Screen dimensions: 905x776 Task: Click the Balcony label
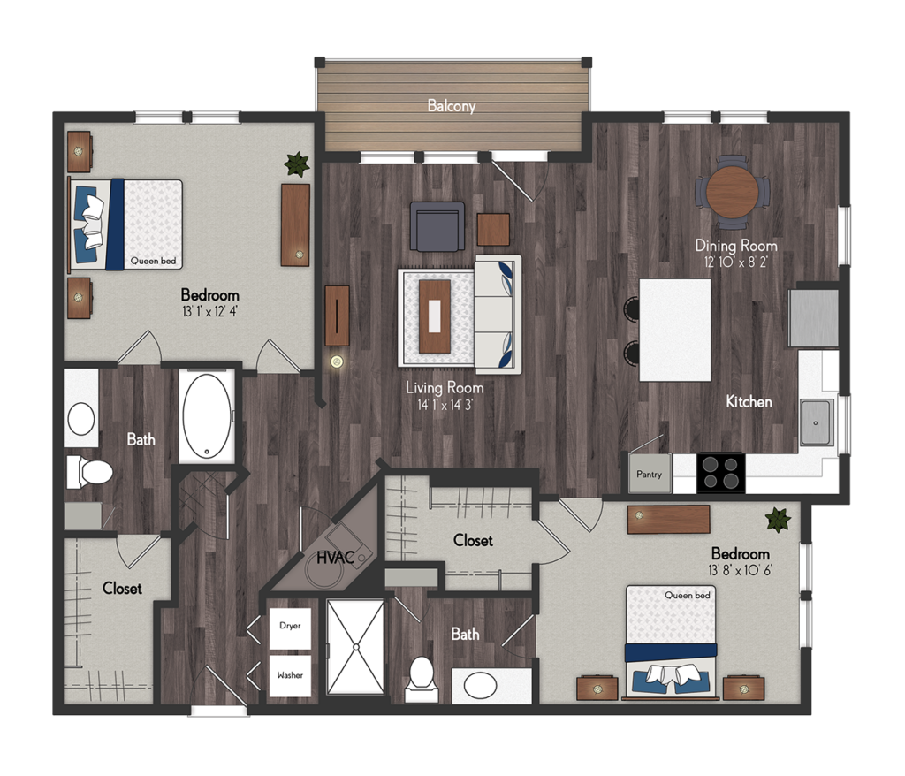tap(452, 106)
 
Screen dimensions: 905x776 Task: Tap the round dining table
tap(733, 192)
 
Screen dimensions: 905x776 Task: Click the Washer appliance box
tap(290, 675)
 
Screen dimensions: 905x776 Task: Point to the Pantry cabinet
tap(650, 474)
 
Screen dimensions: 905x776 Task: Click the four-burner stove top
tap(721, 473)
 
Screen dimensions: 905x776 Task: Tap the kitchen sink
tap(816, 422)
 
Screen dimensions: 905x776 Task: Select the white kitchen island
tap(675, 331)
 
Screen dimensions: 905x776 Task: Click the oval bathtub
tap(207, 416)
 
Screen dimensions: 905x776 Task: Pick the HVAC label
tap(335, 558)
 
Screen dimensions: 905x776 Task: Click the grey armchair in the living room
tap(437, 226)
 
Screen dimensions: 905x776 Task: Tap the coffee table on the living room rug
tap(435, 316)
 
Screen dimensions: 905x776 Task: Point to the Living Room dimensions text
tap(445, 405)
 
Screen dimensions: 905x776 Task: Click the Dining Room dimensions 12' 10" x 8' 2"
tap(736, 262)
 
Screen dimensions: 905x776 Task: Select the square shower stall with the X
tap(355, 647)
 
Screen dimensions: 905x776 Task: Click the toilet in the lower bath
tap(422, 680)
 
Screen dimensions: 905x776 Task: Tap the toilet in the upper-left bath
tap(89, 472)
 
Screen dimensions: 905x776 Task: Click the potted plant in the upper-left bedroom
tap(297, 164)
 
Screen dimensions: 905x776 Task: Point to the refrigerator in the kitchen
tap(814, 318)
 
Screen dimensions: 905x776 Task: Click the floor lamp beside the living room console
tap(337, 362)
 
